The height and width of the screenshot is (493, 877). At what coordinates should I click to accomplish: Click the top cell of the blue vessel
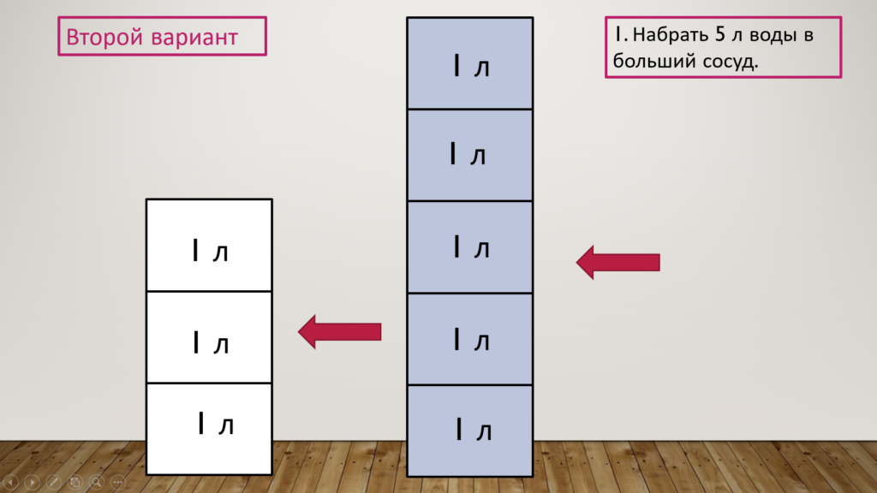(x=470, y=63)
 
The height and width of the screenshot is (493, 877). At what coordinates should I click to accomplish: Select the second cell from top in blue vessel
(x=470, y=155)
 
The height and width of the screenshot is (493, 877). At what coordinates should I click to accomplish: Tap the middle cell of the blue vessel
(x=470, y=246)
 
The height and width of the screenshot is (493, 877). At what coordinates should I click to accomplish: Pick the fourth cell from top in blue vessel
(x=470, y=339)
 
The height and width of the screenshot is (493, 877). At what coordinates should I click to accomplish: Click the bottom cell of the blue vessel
(x=470, y=431)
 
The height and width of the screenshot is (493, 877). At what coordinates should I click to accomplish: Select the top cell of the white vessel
(x=209, y=245)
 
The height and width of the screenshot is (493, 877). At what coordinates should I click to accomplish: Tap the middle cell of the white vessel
(x=209, y=337)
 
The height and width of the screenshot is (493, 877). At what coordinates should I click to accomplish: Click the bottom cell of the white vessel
(x=209, y=429)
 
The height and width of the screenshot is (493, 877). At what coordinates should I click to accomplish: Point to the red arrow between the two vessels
(x=339, y=331)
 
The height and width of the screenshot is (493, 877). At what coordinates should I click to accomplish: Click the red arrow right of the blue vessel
(x=618, y=262)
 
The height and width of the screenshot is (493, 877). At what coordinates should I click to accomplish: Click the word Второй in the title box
(x=104, y=38)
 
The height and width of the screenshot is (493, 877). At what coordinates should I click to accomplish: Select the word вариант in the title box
(x=194, y=38)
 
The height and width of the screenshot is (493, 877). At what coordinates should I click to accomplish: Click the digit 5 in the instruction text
(x=719, y=34)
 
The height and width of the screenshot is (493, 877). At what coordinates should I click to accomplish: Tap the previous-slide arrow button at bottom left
(x=11, y=481)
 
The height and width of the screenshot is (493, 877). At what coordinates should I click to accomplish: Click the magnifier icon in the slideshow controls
(x=97, y=481)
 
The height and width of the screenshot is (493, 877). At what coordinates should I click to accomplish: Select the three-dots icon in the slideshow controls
(x=118, y=481)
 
